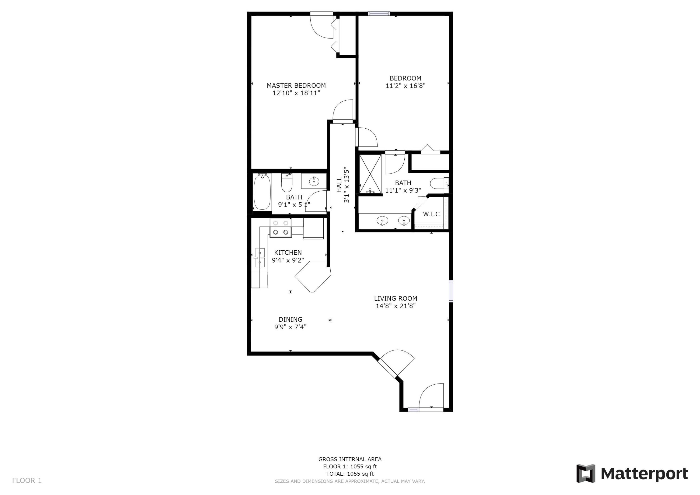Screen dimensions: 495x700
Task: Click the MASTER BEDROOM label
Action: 296,86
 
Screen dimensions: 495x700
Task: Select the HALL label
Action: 339,185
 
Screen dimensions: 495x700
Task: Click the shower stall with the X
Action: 370,174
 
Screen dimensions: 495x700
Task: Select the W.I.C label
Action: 431,214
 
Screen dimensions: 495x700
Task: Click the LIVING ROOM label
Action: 395,298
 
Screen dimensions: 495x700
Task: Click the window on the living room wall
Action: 451,291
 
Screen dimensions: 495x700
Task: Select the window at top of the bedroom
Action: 379,14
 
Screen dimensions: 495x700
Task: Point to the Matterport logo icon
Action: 585,474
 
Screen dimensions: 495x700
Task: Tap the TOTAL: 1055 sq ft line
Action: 350,474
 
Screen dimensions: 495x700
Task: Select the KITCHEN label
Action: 288,253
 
